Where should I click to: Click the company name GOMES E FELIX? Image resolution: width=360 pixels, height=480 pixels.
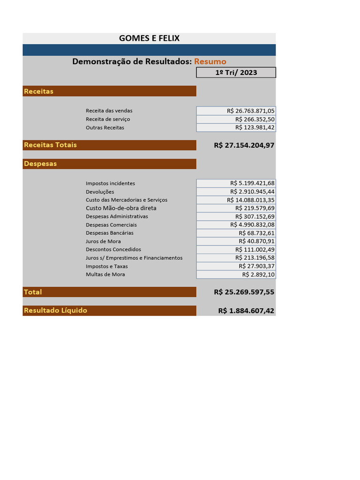coord(149,38)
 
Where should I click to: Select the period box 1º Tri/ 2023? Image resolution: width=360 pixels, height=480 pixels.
coord(236,73)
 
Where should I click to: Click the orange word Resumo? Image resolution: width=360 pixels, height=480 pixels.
coord(210,61)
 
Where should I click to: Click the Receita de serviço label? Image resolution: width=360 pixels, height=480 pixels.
coord(108,119)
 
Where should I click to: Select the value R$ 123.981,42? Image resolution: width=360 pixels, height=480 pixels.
coord(255,127)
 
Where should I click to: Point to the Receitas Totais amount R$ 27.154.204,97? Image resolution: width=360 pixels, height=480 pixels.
coord(244,145)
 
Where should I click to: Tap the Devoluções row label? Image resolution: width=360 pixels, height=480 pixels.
coord(100,192)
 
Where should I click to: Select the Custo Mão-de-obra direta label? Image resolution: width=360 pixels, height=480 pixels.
coord(121,208)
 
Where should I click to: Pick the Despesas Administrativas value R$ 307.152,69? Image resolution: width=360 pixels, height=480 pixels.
coord(255,217)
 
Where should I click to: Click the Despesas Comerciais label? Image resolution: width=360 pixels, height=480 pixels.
coord(111,225)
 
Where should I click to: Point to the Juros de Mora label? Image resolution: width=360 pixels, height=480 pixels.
coord(103,241)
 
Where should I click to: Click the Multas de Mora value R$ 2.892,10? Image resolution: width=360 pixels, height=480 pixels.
coord(258,275)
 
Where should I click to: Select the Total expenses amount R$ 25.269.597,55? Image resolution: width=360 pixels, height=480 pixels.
coord(244,292)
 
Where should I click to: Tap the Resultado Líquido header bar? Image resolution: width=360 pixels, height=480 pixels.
coord(109,310)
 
